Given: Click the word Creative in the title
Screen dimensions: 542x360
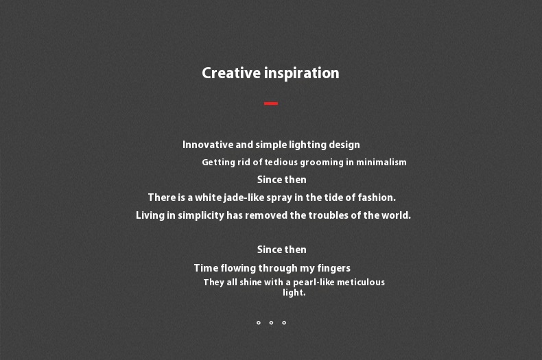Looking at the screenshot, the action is point(231,73).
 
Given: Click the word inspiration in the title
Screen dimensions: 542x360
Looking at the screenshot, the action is point(302,73).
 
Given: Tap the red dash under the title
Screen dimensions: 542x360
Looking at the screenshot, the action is point(271,104).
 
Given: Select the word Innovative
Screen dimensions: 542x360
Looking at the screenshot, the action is point(208,145).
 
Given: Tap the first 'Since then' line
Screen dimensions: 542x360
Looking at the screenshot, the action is point(282,180).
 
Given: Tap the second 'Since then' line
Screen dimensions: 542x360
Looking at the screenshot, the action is point(282,250).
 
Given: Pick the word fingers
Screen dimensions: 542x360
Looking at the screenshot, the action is point(334,268).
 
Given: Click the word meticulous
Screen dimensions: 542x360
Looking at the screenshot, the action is point(361,283).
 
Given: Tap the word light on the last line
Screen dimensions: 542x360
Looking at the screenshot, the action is point(294,293).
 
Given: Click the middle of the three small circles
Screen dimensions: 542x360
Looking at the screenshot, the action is point(271,323).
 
